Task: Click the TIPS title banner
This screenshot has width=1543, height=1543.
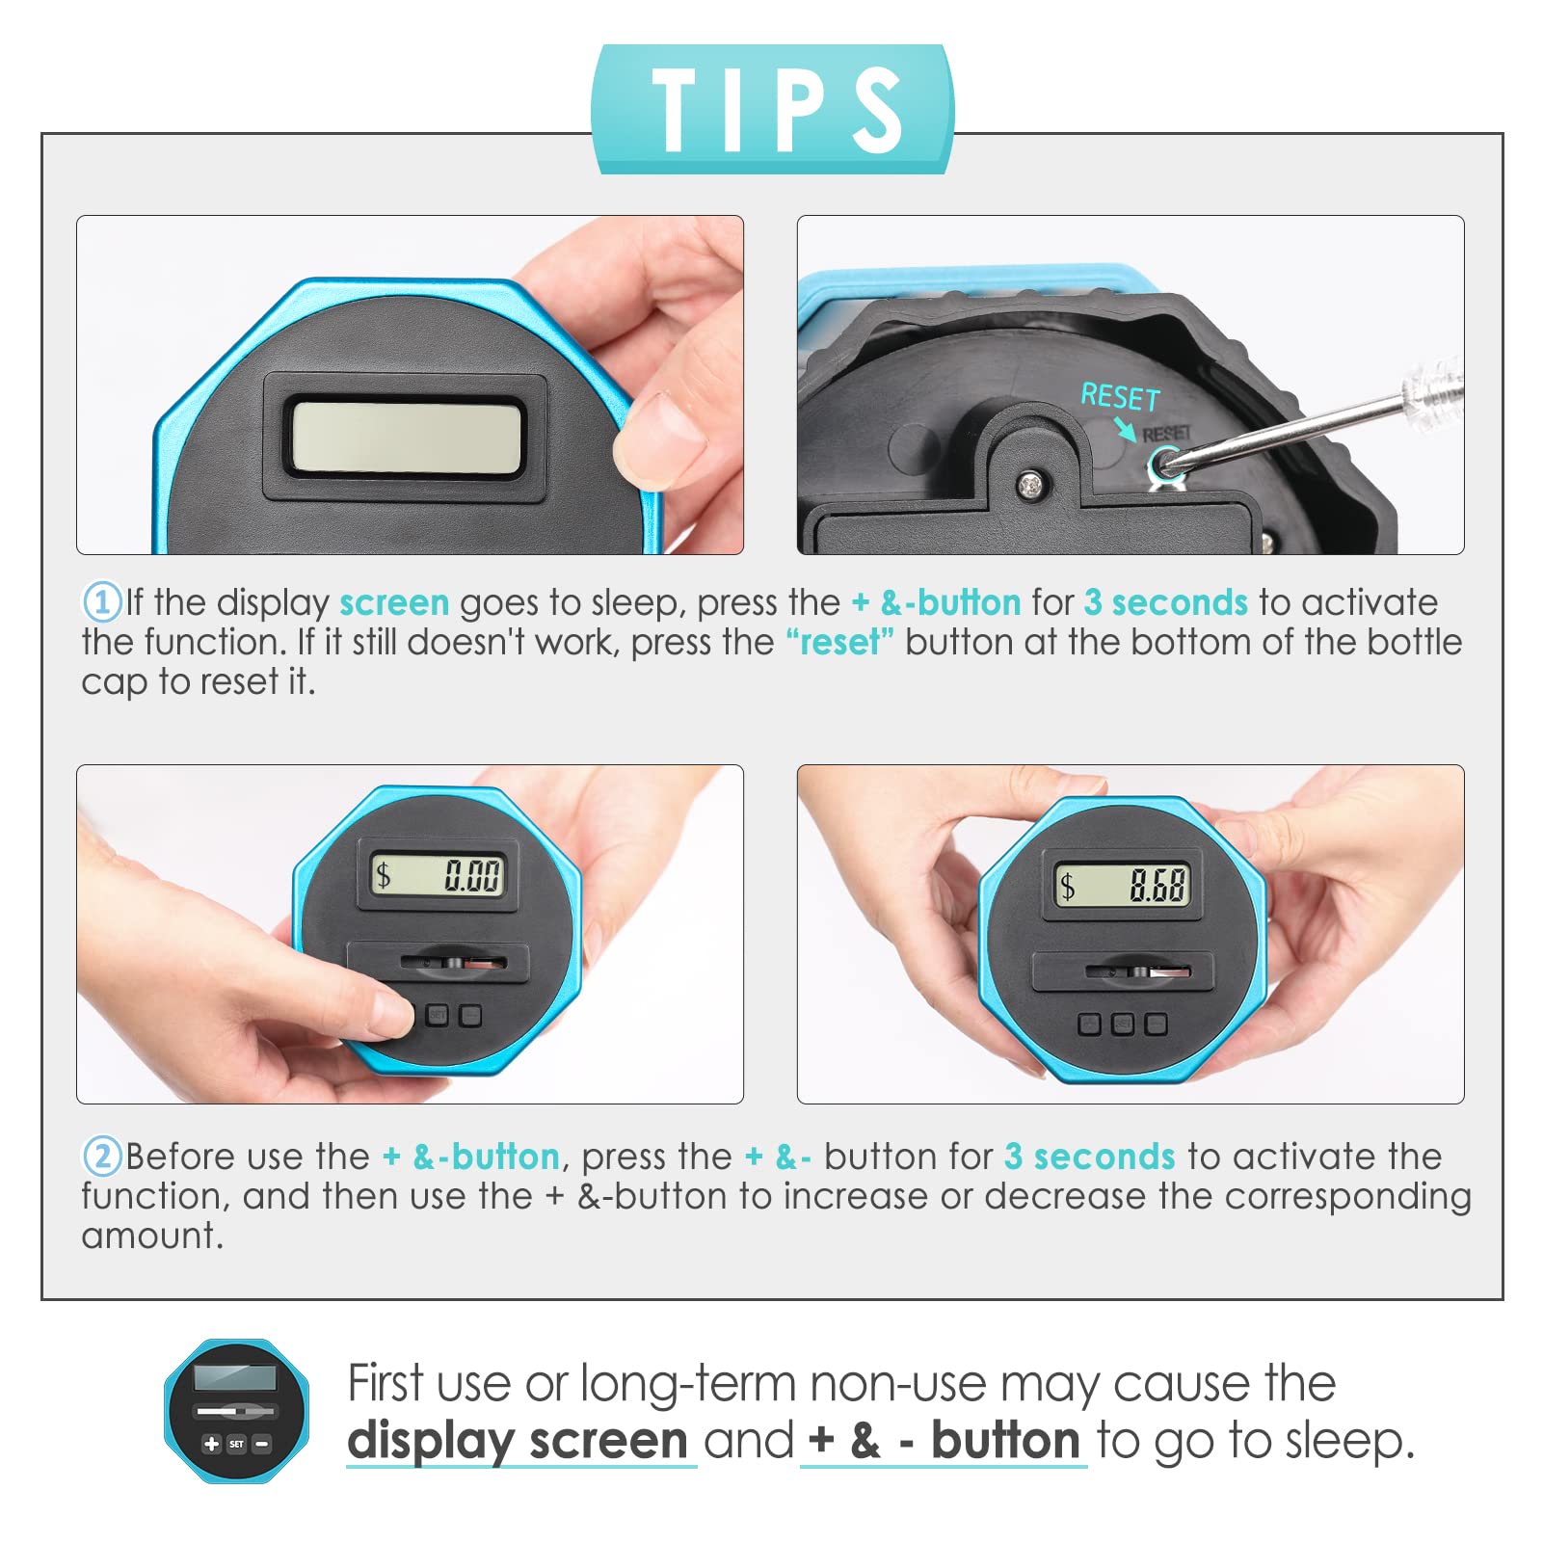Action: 772,109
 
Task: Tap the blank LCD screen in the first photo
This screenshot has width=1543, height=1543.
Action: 406,437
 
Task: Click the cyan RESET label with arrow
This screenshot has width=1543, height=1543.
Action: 1121,408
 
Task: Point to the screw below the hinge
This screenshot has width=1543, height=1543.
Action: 1032,486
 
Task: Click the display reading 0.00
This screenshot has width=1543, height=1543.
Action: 439,874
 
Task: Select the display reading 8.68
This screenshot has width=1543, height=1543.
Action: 1123,885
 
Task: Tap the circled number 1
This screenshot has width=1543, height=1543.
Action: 101,602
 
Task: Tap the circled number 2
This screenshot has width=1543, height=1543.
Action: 101,1156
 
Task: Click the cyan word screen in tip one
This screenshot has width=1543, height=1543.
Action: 394,603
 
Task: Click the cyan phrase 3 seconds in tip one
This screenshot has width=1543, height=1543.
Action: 1166,602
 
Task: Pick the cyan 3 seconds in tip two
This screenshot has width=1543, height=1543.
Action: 1090,1156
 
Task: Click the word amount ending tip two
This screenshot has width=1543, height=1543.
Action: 152,1236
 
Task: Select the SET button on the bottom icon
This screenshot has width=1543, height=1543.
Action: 236,1444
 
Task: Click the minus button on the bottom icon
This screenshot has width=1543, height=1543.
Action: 261,1444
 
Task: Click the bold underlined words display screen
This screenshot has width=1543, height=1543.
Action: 518,1442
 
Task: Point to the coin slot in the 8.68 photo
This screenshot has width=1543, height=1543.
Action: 1138,971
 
